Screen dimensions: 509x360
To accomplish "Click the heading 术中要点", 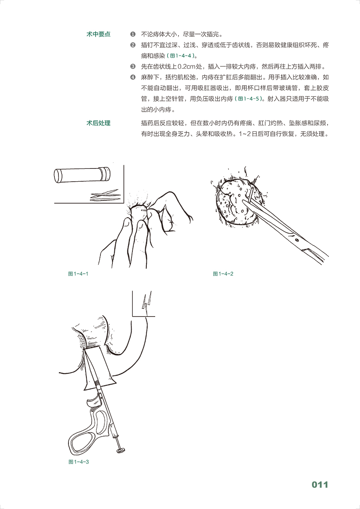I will click(x=98, y=34).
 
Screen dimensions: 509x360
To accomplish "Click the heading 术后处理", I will click(x=98, y=123).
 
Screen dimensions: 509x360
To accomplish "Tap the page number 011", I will click(x=320, y=485).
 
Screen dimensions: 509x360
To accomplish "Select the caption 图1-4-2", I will click(x=223, y=274).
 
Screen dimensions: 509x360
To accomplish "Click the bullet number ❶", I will click(x=133, y=35).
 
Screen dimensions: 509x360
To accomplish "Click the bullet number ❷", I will click(x=133, y=45).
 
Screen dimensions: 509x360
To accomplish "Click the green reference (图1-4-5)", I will click(x=249, y=99).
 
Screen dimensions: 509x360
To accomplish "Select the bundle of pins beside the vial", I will click(x=105, y=196).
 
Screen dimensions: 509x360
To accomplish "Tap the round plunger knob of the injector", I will click(x=120, y=451).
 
